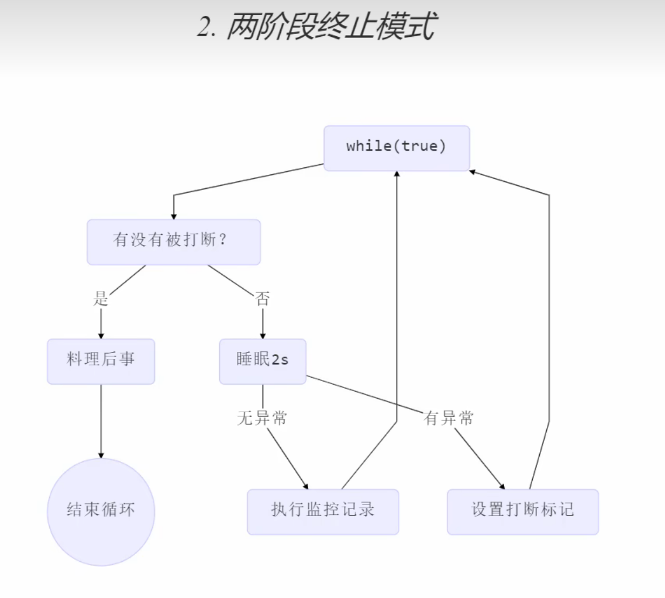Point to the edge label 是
pyautogui.click(x=101, y=300)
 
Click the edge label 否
pyautogui.click(x=263, y=300)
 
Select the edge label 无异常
pyautogui.click(x=262, y=419)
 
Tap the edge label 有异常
pyautogui.click(x=449, y=419)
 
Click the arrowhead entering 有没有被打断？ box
pyautogui.click(x=174, y=216)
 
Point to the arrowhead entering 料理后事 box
pyautogui.click(x=101, y=336)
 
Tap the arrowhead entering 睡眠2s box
pyautogui.click(x=263, y=336)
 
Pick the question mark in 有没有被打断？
pyautogui.click(x=223, y=241)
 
